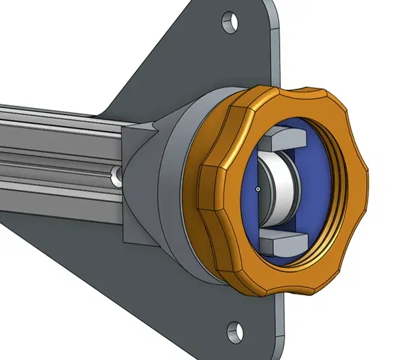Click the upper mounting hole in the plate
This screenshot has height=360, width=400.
click(231, 19)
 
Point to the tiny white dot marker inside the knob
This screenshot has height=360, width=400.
click(257, 189)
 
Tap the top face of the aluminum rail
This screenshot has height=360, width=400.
click(58, 115)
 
